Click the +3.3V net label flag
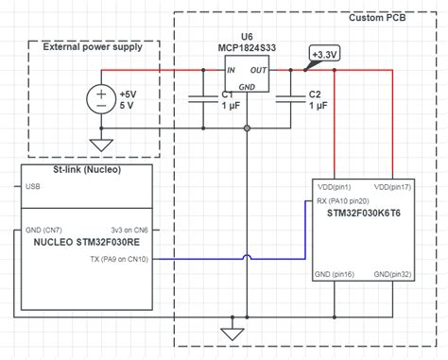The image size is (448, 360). pos(325,54)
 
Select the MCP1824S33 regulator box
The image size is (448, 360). pos(246,73)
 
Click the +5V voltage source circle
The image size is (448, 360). pos(100,100)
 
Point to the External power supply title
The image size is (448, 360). pos(93,47)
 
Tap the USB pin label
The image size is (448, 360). pos(33,187)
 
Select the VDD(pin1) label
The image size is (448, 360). pos(335,186)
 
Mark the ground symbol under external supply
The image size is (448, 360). pos(100,145)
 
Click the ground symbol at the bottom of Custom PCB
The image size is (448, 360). pos(228,333)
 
